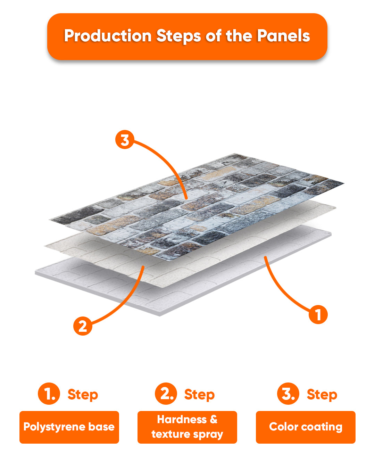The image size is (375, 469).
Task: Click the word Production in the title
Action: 108,36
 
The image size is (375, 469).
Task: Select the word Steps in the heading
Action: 178,36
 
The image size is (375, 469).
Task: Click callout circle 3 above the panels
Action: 125,139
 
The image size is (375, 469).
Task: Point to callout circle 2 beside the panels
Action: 83,326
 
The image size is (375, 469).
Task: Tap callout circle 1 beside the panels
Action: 318,314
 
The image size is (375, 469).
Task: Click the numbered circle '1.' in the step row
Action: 49,394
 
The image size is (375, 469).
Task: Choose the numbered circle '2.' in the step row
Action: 166,394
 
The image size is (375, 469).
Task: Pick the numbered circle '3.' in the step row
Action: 288,394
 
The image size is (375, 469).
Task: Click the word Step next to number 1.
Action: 83,395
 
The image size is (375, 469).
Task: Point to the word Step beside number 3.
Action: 322,395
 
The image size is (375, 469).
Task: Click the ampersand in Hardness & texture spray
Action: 214,419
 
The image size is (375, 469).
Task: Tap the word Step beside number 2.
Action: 200,395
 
